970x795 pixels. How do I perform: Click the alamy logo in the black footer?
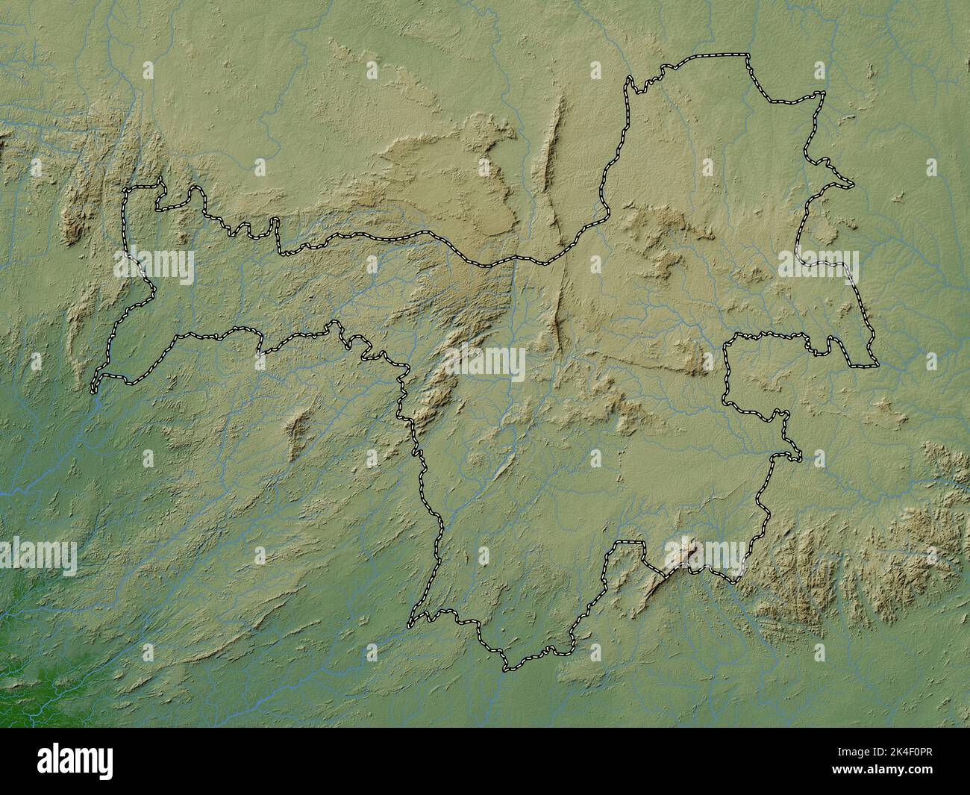pyautogui.click(x=78, y=761)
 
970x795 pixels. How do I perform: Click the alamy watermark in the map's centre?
pyautogui.click(x=485, y=364)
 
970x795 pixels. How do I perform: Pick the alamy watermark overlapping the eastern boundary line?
pyautogui.click(x=819, y=266)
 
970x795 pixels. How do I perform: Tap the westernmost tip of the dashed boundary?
pyautogui.click(x=93, y=388)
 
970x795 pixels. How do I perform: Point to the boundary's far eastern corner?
pyautogui.click(x=876, y=365)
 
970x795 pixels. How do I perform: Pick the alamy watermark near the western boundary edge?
pyautogui.click(x=154, y=266)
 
